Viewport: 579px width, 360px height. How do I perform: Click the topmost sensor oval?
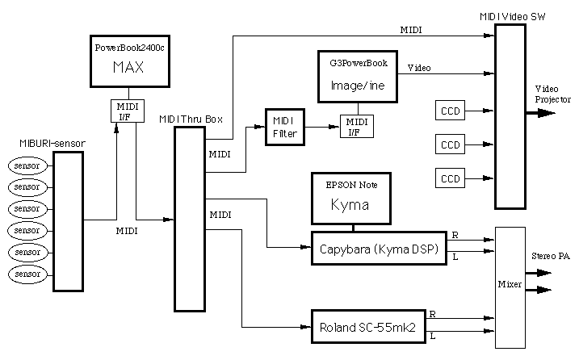(28, 166)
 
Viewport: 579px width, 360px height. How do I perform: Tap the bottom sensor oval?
(28, 275)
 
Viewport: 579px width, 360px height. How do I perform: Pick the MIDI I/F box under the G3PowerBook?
(354, 126)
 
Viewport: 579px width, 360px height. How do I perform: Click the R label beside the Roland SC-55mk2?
(433, 313)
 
